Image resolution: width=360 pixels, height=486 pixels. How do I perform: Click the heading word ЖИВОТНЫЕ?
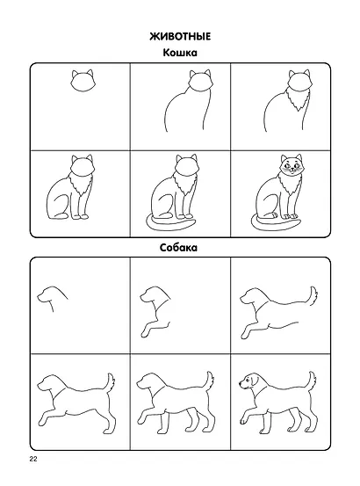pyautogui.click(x=180, y=37)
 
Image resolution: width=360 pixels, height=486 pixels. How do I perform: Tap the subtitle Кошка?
pyautogui.click(x=180, y=53)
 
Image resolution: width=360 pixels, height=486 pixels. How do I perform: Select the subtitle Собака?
pyautogui.click(x=178, y=248)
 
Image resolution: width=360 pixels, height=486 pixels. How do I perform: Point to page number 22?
pyautogui.click(x=33, y=460)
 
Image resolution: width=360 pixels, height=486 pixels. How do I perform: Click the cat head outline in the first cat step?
pyautogui.click(x=83, y=82)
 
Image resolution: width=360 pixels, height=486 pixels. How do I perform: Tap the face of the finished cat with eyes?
pyautogui.click(x=291, y=167)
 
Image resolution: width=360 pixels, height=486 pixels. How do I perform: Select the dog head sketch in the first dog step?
pyautogui.click(x=53, y=298)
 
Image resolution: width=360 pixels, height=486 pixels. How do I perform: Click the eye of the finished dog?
pyautogui.click(x=247, y=378)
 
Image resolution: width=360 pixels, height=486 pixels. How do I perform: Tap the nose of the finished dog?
pyautogui.click(x=241, y=384)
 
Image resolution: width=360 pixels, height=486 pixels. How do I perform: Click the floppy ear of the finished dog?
pyautogui.click(x=255, y=381)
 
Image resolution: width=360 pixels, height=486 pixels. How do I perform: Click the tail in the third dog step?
pyautogui.click(x=313, y=297)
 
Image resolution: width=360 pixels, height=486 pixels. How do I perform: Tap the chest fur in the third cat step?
pyautogui.click(x=299, y=99)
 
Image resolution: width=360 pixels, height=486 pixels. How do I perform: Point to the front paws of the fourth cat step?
pyautogui.click(x=80, y=216)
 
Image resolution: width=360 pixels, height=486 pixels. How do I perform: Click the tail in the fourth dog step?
pyautogui.click(x=110, y=384)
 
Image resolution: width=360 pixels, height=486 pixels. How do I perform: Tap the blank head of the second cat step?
pyautogui.click(x=201, y=82)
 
